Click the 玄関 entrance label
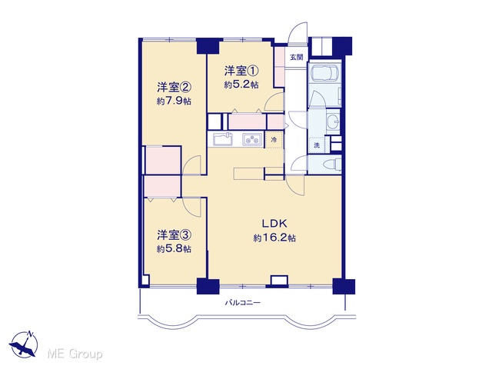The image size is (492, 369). click(x=296, y=58)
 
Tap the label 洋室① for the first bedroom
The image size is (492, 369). click(x=241, y=71)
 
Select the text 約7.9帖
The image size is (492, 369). click(x=175, y=101)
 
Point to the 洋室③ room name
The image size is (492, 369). click(x=175, y=234)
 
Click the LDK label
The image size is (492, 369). click(x=275, y=224)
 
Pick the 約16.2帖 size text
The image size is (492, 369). click(x=274, y=238)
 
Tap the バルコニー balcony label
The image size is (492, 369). click(x=243, y=303)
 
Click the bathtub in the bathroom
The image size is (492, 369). click(x=324, y=75)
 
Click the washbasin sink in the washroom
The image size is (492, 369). click(x=333, y=121)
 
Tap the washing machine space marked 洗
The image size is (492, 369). click(x=317, y=145)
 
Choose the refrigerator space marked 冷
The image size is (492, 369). click(x=274, y=140)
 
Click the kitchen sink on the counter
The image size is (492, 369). click(x=223, y=139)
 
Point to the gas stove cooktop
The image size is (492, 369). click(x=252, y=139)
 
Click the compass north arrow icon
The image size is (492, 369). click(x=24, y=344)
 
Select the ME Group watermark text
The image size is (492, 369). click(x=75, y=354)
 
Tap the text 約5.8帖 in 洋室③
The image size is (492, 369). click(x=175, y=249)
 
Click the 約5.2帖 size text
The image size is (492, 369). click(x=241, y=85)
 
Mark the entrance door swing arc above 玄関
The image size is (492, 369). click(x=298, y=31)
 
